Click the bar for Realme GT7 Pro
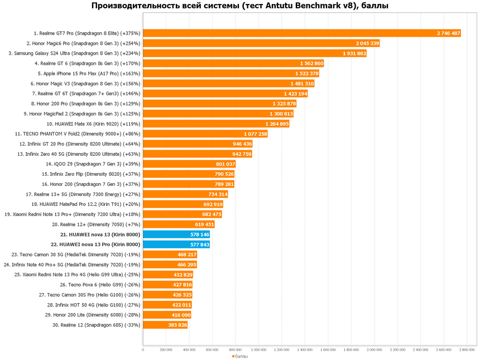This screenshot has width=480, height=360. click(301, 33)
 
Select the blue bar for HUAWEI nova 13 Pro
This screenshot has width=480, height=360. click(176, 244)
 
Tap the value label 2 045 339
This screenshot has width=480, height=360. click(367, 44)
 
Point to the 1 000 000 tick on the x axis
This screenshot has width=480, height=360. click(258, 350)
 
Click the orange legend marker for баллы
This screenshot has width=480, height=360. click(233, 356)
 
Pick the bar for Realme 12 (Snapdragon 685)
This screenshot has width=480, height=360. click(165, 325)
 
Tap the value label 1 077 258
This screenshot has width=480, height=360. click(256, 134)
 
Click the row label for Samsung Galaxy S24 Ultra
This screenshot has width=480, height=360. click(74, 54)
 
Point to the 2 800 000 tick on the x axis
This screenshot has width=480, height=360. click(467, 350)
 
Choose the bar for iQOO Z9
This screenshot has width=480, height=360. click(189, 164)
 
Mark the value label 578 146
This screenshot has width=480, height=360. click(200, 234)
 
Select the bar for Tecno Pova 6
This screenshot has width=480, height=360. click(167, 285)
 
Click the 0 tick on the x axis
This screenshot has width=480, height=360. click(143, 350)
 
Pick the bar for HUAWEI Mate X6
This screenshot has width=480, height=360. click(216, 124)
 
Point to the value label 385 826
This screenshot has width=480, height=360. click(177, 325)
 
